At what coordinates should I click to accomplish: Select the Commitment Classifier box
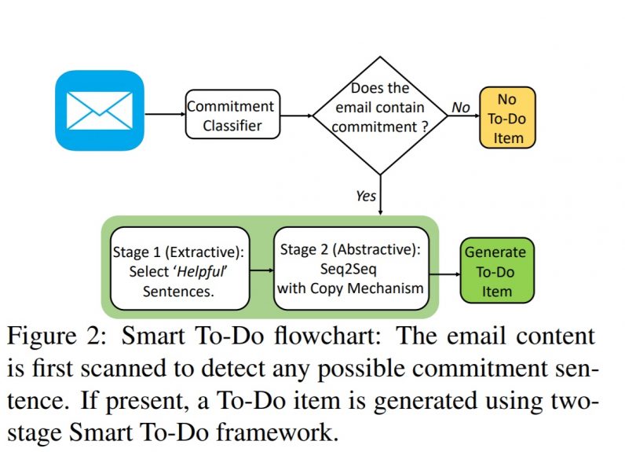[232, 115]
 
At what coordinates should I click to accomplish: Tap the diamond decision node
[380, 115]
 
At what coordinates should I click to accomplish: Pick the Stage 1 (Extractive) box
[180, 269]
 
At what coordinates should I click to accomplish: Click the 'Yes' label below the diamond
[366, 196]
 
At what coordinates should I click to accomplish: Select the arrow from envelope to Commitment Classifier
[163, 115]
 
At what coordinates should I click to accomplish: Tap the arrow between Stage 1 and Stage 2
[261, 270]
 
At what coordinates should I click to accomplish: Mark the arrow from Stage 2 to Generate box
[444, 274]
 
